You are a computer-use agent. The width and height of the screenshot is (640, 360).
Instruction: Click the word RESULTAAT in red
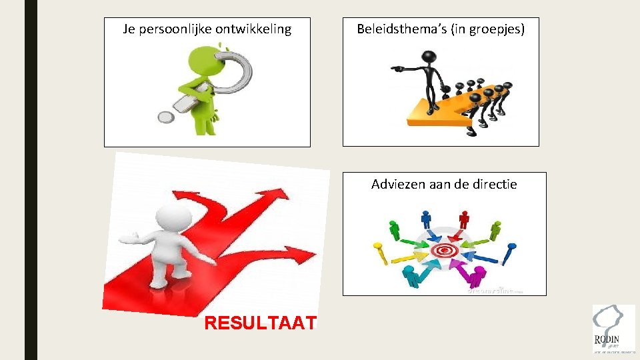pyautogui.click(x=261, y=323)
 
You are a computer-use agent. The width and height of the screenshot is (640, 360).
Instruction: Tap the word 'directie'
pyautogui.click(x=493, y=184)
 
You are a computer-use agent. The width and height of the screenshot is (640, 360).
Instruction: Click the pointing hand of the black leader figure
pyautogui.click(x=394, y=68)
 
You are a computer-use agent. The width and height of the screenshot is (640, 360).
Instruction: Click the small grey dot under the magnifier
pyautogui.click(x=165, y=118)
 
